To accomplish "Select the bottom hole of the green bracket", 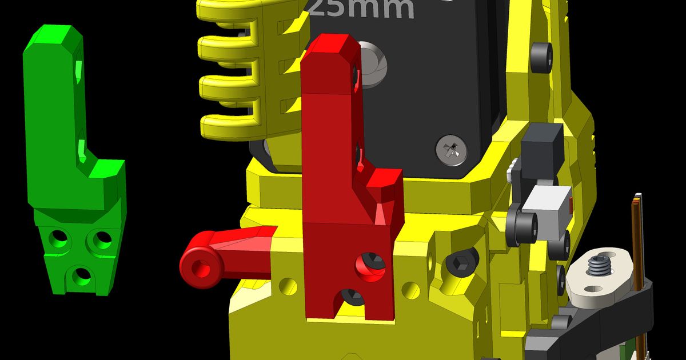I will pos(81,276).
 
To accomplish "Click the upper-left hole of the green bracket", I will pos(58,238).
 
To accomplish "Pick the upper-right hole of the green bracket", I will pos(103,240).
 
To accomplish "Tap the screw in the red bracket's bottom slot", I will pos(350,296).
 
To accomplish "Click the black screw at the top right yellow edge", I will pos(541,57).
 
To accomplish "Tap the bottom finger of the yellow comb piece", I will pos(229,125).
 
